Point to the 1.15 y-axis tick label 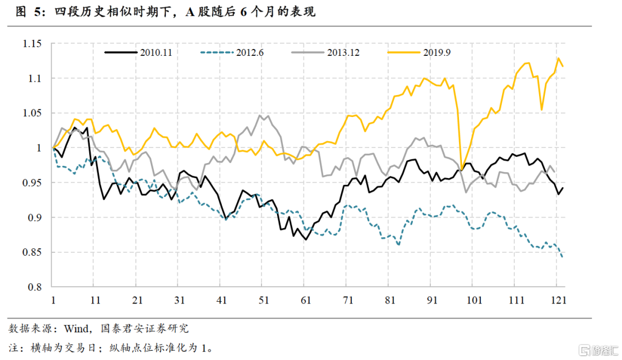[32, 44]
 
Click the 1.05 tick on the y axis [32, 113]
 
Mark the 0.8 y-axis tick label [35, 287]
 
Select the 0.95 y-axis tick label [32, 183]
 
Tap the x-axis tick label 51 [263, 300]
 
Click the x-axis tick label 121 [557, 300]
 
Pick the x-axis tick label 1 [53, 300]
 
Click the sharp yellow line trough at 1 [461, 169]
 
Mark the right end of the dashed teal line [562, 257]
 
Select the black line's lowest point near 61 [305, 239]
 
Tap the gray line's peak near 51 [260, 115]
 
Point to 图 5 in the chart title [25, 12]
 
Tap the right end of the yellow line [563, 66]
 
